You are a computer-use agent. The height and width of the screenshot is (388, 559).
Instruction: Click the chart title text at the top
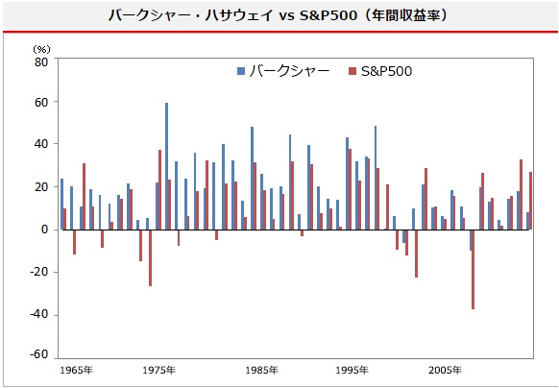click(278, 15)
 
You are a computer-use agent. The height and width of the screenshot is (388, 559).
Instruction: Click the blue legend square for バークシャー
click(241, 71)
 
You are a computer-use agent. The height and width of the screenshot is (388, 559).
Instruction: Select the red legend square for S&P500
click(352, 71)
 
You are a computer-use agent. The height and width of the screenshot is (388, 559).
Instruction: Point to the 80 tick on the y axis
click(41, 61)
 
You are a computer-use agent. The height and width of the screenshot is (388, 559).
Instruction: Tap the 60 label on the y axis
click(41, 103)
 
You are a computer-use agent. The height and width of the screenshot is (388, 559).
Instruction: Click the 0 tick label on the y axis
click(44, 230)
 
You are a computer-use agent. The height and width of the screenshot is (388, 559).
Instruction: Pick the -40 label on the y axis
click(38, 315)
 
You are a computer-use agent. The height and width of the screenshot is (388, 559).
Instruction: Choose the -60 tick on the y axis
click(38, 354)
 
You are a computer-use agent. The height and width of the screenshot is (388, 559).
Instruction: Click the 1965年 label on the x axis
click(76, 371)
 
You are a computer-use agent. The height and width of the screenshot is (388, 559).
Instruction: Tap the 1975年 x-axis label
click(159, 371)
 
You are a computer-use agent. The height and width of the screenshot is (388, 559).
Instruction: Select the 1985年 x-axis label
click(261, 371)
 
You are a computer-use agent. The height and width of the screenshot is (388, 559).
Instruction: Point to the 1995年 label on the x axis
click(352, 371)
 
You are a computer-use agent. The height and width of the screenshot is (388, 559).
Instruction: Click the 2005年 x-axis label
click(445, 371)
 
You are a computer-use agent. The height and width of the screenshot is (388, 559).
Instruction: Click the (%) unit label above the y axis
click(41, 49)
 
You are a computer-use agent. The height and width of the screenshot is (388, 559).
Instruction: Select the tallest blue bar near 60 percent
click(166, 166)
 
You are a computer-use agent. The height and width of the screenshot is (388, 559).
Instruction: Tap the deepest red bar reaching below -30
click(474, 269)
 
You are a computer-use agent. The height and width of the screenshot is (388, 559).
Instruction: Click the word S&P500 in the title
click(328, 15)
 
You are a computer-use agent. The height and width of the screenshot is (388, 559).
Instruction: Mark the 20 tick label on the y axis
click(41, 187)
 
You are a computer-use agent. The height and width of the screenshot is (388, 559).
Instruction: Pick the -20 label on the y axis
click(38, 272)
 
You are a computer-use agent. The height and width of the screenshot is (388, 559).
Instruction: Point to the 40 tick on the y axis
click(41, 144)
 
